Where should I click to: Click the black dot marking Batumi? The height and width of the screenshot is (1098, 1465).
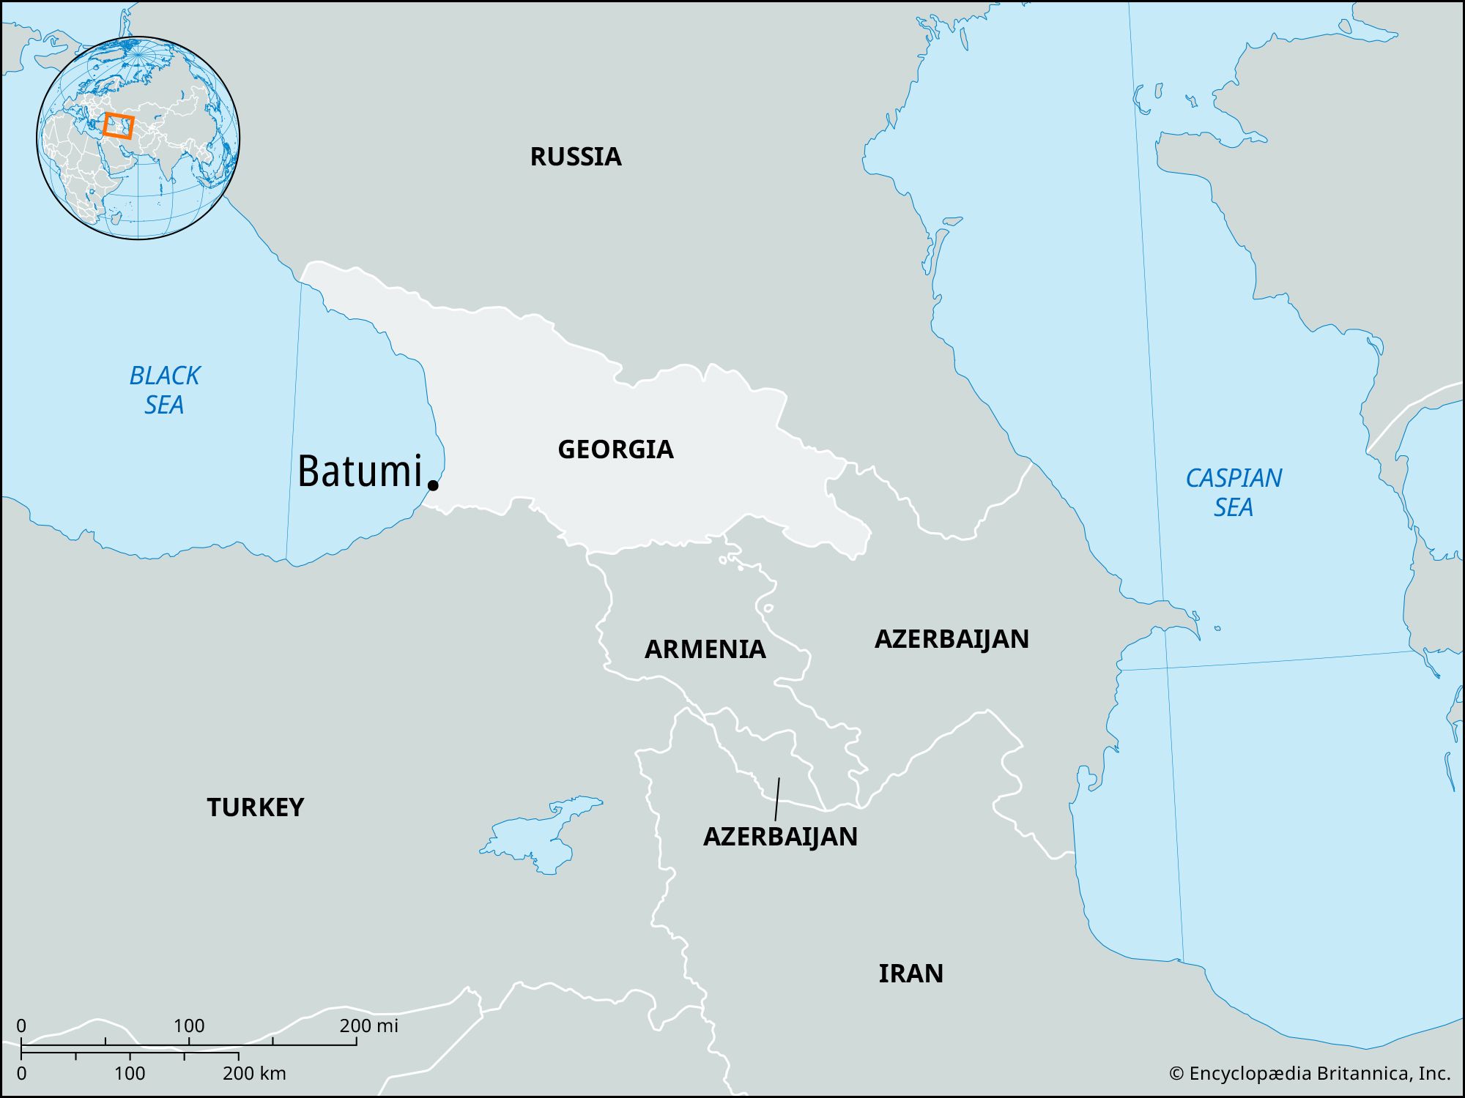(x=433, y=485)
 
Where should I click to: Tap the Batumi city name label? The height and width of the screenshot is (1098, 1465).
(x=360, y=471)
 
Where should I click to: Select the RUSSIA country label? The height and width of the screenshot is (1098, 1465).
(x=576, y=157)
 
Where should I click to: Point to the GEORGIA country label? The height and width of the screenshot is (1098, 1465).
(x=615, y=449)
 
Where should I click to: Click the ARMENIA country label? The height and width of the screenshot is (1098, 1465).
(x=705, y=649)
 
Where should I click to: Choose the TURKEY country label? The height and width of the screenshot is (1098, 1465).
(x=255, y=807)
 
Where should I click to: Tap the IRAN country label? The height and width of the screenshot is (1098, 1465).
(x=910, y=974)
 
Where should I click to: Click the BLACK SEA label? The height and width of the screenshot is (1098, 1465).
(x=164, y=390)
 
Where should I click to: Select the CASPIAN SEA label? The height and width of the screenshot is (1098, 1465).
(x=1234, y=493)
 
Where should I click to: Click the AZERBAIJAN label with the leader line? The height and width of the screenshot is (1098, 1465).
(x=780, y=837)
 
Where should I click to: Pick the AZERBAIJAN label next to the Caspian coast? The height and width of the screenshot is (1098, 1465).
(x=952, y=639)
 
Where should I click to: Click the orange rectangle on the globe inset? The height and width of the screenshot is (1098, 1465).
(x=118, y=126)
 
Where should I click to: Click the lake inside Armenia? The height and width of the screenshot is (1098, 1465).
(x=768, y=608)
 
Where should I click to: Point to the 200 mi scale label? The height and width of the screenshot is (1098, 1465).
(x=368, y=1026)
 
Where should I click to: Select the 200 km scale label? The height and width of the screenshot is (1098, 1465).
(x=254, y=1074)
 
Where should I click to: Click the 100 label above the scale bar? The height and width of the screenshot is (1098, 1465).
(x=189, y=1026)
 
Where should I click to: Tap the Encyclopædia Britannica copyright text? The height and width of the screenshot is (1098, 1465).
(x=1310, y=1073)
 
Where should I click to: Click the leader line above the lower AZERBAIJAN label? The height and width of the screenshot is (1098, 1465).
(x=777, y=799)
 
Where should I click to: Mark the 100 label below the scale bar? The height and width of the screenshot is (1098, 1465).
(x=130, y=1074)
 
